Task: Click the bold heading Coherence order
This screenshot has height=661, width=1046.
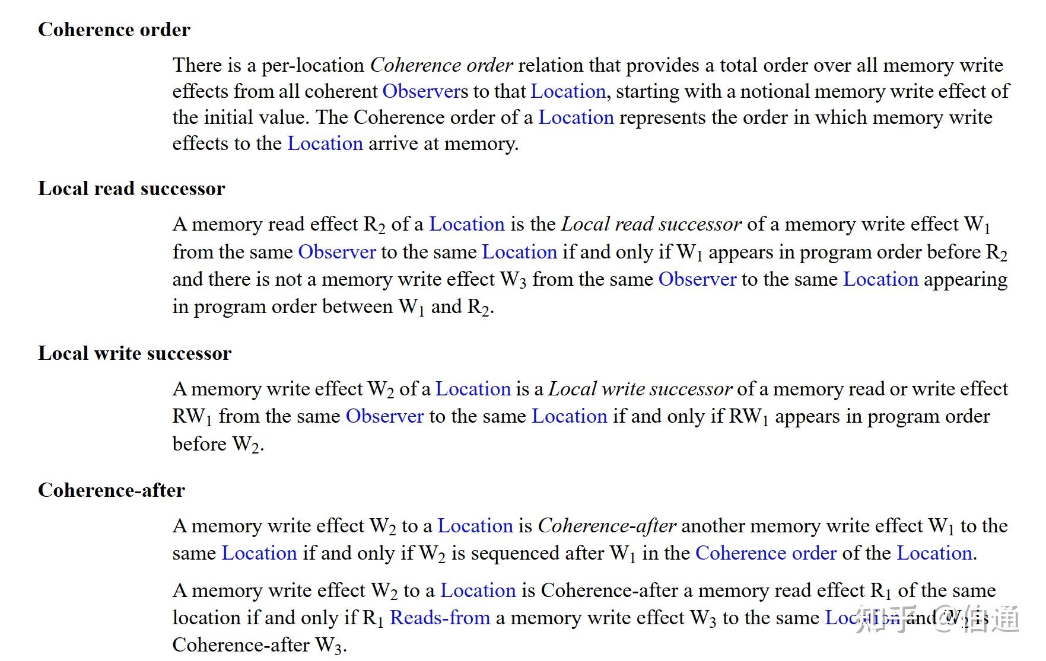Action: (114, 30)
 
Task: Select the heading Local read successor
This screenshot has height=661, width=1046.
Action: (131, 189)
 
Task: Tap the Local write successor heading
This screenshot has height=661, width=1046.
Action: (134, 353)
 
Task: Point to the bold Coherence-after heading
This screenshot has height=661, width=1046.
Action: (111, 490)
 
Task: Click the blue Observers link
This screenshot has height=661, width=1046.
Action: (425, 91)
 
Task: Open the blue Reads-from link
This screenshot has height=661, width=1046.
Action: (440, 618)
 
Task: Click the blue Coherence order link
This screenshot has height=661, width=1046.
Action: (765, 553)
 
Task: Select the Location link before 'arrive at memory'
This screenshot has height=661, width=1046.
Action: (325, 143)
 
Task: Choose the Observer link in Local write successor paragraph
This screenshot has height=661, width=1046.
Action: (384, 416)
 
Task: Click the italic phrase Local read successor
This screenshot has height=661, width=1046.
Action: (651, 224)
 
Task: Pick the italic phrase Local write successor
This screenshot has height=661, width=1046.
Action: (640, 389)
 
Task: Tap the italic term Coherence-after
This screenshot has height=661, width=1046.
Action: (606, 526)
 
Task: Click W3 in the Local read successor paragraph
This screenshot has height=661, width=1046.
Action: (513, 280)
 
